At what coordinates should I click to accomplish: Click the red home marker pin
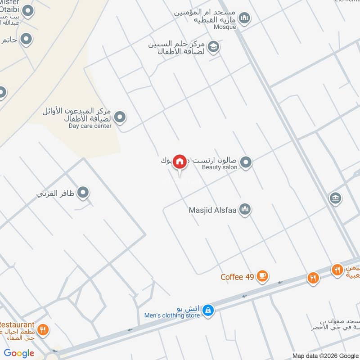pos(180,162)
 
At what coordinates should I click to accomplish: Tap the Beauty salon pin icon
pos(245,162)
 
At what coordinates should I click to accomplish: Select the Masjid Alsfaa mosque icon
pos(245,209)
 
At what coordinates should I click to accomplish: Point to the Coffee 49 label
pos(237,277)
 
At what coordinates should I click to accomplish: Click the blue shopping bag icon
pos(207,310)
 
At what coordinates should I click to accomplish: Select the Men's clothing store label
pos(172,315)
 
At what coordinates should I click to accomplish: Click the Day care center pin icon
pos(120,118)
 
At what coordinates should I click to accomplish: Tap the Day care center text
pos(90,126)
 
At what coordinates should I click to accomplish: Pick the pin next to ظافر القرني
pos(83,193)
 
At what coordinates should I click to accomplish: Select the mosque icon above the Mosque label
pos(244,18)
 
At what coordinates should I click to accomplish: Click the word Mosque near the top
pos(225,27)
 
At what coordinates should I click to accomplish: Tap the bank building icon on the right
pos(335,198)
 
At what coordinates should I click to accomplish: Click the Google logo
pos(19,353)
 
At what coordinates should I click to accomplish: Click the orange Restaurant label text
pos(17,324)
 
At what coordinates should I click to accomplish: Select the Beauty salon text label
pos(218,167)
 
